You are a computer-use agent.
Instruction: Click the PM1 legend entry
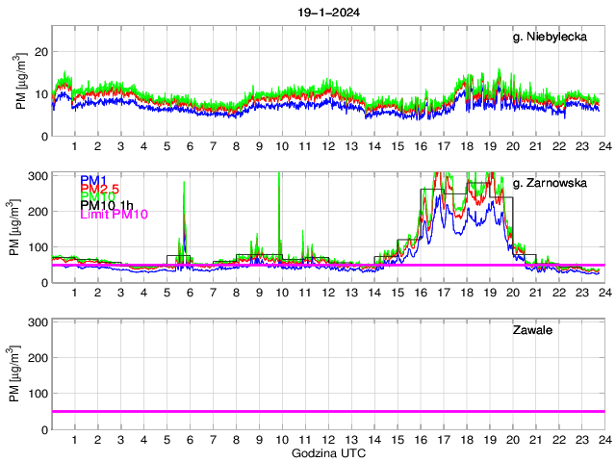(x=92, y=180)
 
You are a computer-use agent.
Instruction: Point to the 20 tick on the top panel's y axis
(x=41, y=52)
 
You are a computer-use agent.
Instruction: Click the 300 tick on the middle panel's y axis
(x=38, y=176)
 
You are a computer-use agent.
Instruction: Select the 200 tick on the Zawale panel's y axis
(x=38, y=358)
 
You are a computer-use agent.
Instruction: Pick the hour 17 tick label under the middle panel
(x=443, y=293)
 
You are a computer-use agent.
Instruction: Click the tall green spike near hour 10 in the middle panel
(x=279, y=192)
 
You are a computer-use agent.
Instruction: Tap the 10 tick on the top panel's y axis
(x=41, y=94)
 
